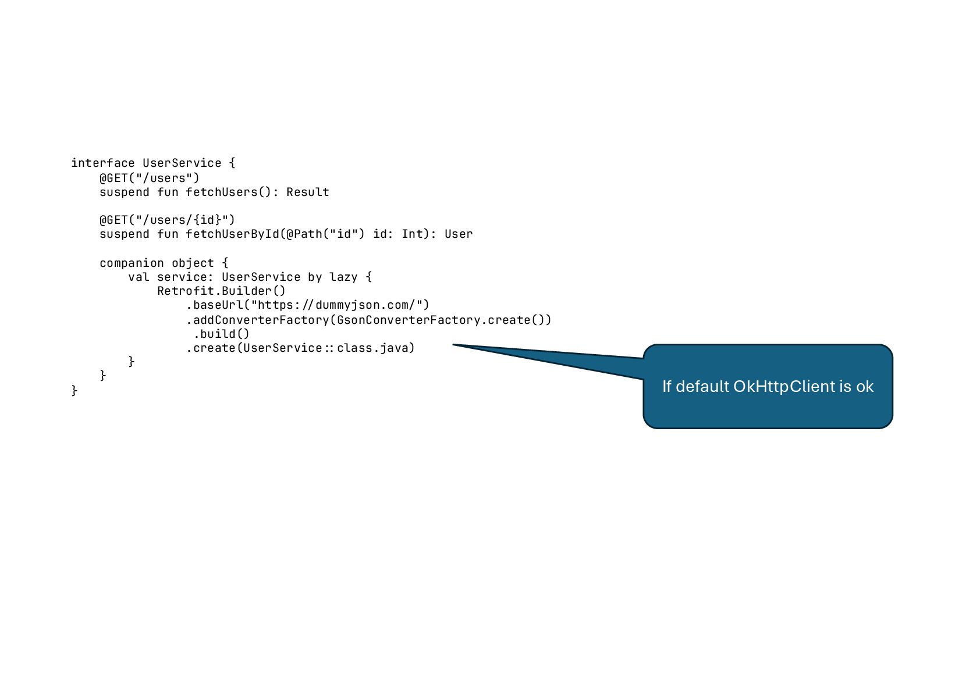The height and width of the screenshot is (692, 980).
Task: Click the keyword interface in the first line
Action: click(102, 163)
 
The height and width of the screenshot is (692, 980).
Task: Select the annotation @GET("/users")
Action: click(150, 178)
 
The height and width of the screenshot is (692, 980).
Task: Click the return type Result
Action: click(307, 192)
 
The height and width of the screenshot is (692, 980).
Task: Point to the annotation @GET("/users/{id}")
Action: click(167, 220)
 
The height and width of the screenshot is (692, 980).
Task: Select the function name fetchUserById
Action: click(232, 234)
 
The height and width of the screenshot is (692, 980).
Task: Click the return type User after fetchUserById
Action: click(459, 234)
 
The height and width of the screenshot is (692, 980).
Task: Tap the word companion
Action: click(132, 263)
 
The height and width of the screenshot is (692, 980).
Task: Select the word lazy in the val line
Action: click(343, 277)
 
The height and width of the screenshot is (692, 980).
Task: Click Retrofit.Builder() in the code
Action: click(221, 291)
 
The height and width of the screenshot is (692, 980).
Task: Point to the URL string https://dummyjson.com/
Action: click(340, 305)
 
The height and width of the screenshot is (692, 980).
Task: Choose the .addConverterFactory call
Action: click(257, 320)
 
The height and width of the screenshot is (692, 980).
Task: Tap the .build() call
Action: click(221, 334)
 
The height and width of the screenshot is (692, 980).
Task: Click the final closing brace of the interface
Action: click(74, 390)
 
